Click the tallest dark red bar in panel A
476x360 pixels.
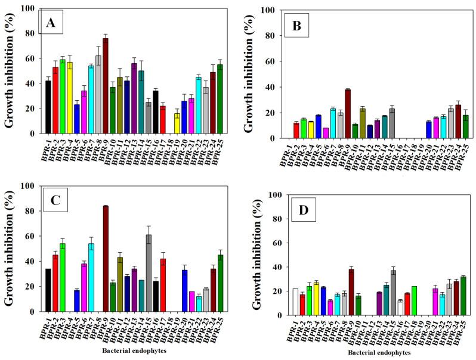[x=105, y=86]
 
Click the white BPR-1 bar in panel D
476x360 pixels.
[x=279, y=302]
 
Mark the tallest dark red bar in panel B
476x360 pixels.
[x=348, y=114]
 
